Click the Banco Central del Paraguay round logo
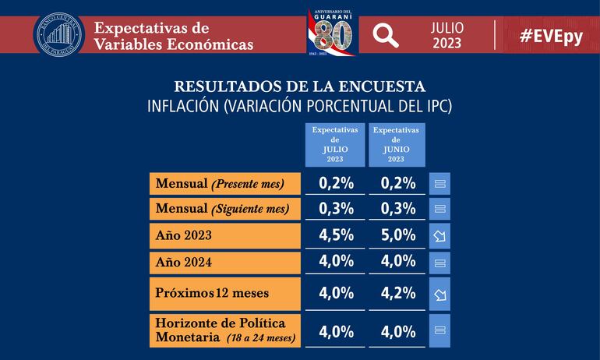58,34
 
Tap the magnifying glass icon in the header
385,35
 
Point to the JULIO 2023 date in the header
447,35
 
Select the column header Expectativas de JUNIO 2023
396,144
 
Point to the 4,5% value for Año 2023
337,235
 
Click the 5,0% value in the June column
397,235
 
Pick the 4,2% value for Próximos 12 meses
397,294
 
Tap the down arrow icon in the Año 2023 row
439,235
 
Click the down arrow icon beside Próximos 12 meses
439,295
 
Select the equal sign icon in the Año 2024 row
439,263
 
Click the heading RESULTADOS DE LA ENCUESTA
300,86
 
